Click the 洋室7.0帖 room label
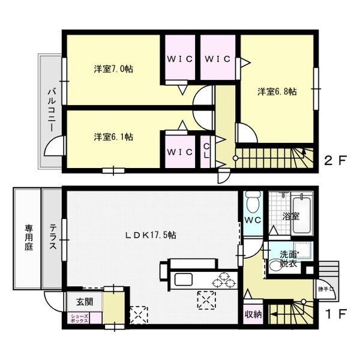[113, 69]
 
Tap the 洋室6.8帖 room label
[277, 92]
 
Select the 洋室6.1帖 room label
[113, 137]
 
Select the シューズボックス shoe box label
[80, 318]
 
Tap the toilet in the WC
[252, 202]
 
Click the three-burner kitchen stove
[226, 280]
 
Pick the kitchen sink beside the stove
[182, 280]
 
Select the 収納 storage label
[252, 314]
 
